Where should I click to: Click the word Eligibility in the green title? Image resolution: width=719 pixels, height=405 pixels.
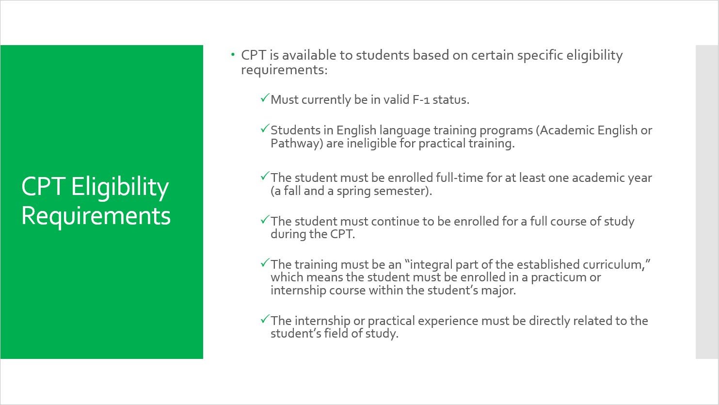120,187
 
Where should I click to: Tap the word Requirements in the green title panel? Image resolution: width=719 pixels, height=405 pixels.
96,216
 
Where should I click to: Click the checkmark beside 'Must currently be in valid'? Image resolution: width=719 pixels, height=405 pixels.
264,98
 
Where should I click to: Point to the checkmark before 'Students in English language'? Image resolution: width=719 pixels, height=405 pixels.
264,129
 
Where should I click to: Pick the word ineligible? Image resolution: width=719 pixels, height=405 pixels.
372,144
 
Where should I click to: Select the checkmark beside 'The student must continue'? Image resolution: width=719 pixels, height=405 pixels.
264,220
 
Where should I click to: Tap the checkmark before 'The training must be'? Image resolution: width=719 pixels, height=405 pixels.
264,263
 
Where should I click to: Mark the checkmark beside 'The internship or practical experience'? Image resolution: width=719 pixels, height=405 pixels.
264,320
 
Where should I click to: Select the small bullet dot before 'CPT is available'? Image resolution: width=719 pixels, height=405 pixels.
233,55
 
